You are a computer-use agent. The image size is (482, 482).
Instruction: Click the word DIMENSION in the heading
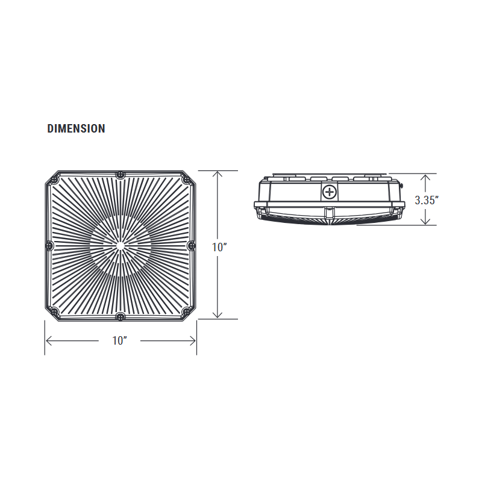coord(76,128)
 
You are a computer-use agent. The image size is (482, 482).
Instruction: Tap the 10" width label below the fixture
coord(120,341)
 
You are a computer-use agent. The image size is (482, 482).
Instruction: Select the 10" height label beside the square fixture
coord(219,247)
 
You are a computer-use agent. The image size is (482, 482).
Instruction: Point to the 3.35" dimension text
coord(426,201)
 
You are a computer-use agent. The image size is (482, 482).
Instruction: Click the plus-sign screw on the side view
coord(329,193)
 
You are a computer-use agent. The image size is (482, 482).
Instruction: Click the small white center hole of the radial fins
coord(120,245)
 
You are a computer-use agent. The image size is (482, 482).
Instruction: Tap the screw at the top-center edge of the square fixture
coord(120,175)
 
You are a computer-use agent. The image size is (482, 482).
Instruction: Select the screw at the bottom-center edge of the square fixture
coord(120,316)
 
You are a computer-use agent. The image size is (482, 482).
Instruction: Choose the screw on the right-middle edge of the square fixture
coord(192,245)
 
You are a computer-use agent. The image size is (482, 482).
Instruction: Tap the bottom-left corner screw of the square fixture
coord(55,311)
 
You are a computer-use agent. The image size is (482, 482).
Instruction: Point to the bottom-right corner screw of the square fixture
coord(186,311)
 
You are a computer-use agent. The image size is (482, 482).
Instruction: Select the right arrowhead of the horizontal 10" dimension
coord(193,341)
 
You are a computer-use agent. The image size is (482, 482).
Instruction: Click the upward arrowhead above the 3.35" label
coord(426,178)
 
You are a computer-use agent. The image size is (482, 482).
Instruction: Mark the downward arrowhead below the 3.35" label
coord(426,221)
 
